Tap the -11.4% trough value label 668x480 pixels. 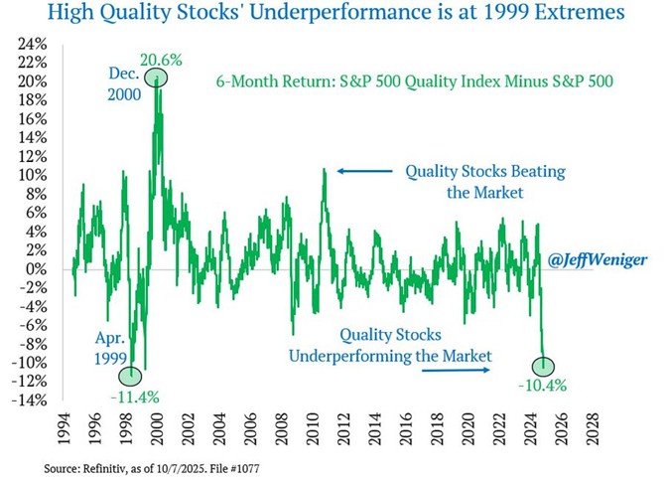pos(133,397)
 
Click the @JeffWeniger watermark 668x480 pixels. pos(596,259)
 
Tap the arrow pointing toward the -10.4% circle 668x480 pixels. pos(456,370)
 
